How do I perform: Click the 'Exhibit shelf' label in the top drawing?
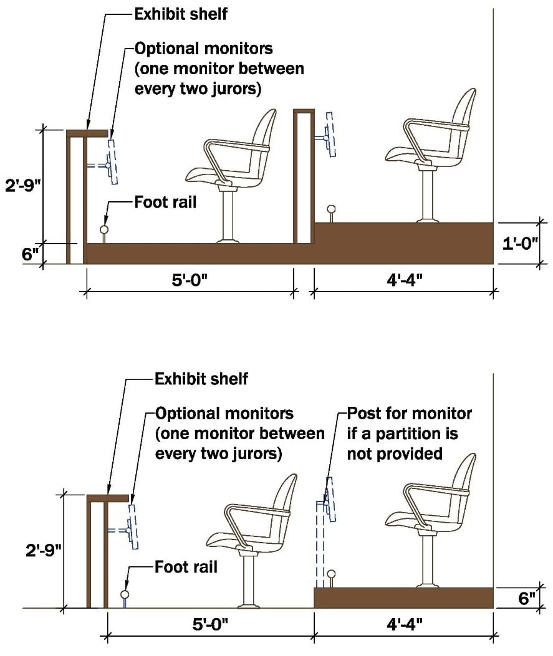pos(181,14)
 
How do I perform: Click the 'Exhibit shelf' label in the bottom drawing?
pos(201,378)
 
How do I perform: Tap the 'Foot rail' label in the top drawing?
pos(165,202)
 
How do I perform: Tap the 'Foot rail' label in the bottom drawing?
pos(186,568)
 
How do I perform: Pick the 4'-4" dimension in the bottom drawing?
pos(403,625)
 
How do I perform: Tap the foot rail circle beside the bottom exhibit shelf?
pos(125,594)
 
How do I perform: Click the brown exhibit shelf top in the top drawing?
pos(87,133)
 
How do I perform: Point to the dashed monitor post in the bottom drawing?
pos(319,542)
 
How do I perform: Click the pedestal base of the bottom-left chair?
pos(248,604)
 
